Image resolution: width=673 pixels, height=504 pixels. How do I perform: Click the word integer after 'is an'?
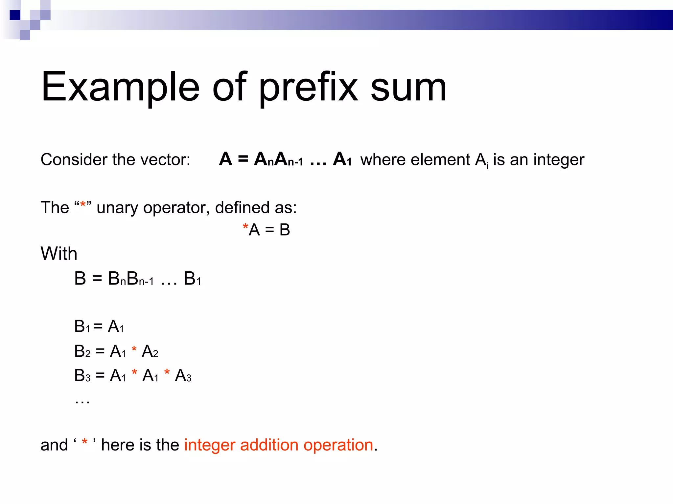pos(559,160)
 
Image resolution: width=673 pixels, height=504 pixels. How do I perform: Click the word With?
pos(59,254)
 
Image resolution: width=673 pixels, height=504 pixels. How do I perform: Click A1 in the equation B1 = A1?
pos(116,326)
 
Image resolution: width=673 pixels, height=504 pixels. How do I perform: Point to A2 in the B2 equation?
pos(150,351)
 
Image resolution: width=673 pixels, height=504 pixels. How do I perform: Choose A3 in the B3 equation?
pos(183,376)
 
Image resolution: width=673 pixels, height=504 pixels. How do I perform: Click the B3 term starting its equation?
pos(82,376)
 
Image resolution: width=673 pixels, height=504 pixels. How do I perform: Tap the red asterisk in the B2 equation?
pos(134,349)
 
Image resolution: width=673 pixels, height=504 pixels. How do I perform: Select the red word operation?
pos(338,445)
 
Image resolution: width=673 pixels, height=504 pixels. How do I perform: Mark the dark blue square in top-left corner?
pos(15,15)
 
